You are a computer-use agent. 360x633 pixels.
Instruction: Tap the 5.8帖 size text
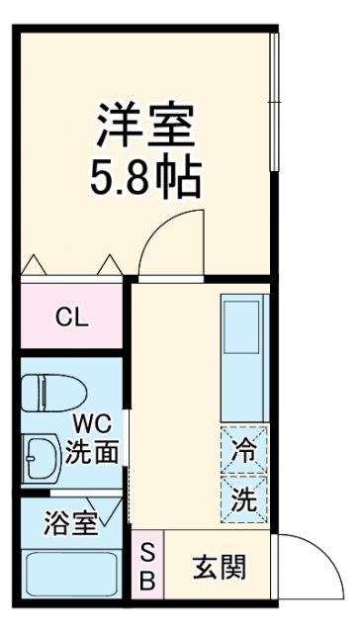(148, 180)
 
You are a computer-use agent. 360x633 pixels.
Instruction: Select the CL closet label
(71, 317)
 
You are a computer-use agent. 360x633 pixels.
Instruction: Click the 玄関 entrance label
(219, 569)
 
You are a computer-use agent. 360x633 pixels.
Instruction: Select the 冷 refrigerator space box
(243, 447)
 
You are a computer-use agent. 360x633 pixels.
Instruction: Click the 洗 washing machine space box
(243, 498)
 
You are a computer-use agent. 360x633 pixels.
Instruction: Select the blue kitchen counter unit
(243, 357)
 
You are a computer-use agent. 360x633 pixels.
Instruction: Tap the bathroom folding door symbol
(117, 510)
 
